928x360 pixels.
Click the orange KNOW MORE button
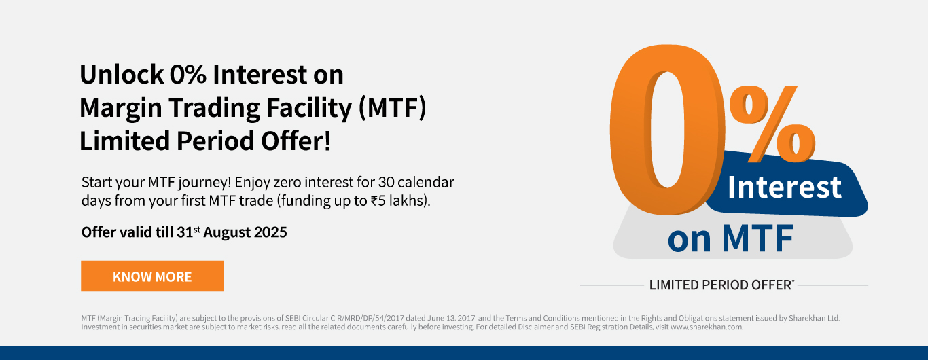click(x=152, y=276)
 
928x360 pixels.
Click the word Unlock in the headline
click(x=122, y=75)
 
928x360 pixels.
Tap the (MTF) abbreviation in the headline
click(x=392, y=108)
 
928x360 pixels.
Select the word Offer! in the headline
click(x=296, y=141)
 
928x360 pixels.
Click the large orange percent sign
click(x=772, y=124)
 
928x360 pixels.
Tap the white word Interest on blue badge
click(x=784, y=187)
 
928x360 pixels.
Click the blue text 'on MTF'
click(x=730, y=238)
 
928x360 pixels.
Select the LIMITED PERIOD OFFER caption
click(x=721, y=285)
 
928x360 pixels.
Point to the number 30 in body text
click(x=386, y=182)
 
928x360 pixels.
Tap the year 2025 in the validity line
click(x=270, y=232)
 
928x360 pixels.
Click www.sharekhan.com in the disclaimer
click(x=707, y=327)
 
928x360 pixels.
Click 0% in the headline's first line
click(x=188, y=75)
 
